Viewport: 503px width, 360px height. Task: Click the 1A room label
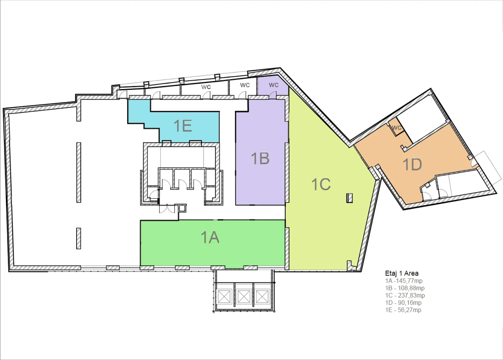(x=210, y=238)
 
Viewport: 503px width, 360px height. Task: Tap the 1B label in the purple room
(x=260, y=158)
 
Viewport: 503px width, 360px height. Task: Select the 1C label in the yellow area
(x=321, y=184)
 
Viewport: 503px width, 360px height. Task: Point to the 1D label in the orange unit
(x=412, y=165)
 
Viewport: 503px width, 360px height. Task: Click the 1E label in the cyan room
(x=183, y=126)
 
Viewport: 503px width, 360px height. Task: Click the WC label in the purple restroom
(x=274, y=85)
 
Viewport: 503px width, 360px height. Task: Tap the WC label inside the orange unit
(x=397, y=128)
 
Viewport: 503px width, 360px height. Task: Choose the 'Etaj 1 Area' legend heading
(x=402, y=273)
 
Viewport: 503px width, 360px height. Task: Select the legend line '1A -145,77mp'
(x=404, y=281)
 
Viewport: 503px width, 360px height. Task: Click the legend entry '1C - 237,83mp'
(x=405, y=295)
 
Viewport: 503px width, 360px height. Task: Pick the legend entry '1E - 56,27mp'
(x=403, y=310)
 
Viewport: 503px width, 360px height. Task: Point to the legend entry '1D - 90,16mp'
(x=403, y=303)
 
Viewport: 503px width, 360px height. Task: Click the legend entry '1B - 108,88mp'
(x=405, y=288)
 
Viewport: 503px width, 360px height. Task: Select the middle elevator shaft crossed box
(x=244, y=296)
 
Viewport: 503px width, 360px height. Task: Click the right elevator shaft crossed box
(x=262, y=296)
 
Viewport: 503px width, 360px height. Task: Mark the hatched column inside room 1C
(x=349, y=198)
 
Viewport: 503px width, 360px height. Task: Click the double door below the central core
(x=167, y=209)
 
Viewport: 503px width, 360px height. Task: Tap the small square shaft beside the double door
(x=182, y=208)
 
